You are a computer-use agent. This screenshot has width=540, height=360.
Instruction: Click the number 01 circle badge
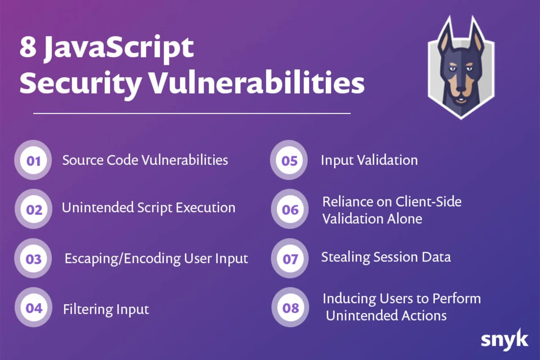click(x=33, y=160)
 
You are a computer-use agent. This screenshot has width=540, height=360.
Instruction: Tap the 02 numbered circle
click(x=33, y=209)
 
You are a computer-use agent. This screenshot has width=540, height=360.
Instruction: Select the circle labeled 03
click(x=33, y=258)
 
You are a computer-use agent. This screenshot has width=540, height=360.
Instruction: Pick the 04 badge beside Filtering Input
click(x=33, y=307)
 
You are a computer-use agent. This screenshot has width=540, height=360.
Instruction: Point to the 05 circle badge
click(x=289, y=160)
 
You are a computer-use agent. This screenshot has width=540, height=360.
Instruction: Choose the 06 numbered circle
click(x=290, y=209)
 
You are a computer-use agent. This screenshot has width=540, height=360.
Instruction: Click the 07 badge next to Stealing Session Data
click(x=290, y=258)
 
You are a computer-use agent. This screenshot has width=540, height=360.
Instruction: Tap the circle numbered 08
click(x=290, y=307)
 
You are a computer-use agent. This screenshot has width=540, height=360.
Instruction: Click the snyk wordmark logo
click(x=504, y=339)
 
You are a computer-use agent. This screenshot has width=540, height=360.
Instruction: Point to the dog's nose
click(x=461, y=88)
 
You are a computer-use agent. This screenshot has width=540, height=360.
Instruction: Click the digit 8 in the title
click(x=28, y=47)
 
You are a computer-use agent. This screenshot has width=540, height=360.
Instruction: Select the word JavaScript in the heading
click(x=119, y=49)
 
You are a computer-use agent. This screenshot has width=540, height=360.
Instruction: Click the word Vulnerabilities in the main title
click(x=257, y=83)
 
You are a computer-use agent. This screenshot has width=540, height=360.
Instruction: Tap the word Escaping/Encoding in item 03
click(x=122, y=259)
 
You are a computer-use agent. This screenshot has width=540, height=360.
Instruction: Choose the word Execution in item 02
click(x=205, y=207)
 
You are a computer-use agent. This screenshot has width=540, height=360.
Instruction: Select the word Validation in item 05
click(x=387, y=160)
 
